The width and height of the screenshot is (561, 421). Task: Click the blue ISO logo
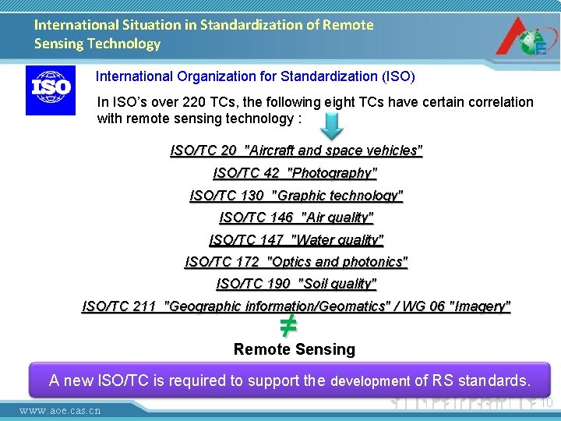[x=51, y=90]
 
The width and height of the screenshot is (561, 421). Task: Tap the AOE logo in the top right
[x=523, y=35]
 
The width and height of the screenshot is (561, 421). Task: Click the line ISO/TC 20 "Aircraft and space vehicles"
[x=296, y=150]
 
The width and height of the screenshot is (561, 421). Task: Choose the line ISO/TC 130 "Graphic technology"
[x=296, y=196]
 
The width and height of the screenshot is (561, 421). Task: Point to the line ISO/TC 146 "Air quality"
[x=296, y=218]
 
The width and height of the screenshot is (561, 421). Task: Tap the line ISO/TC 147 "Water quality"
[x=296, y=240]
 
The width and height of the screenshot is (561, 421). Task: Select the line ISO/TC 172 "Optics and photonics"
[x=296, y=262]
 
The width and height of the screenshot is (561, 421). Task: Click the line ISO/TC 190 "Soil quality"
[x=296, y=284]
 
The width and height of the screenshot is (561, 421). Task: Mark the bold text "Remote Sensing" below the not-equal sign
[x=294, y=349]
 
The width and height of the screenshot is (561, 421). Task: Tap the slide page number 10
[x=546, y=402]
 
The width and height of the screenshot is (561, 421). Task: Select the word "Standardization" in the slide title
[x=249, y=25]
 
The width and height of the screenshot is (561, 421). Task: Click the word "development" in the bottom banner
[x=370, y=381]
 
